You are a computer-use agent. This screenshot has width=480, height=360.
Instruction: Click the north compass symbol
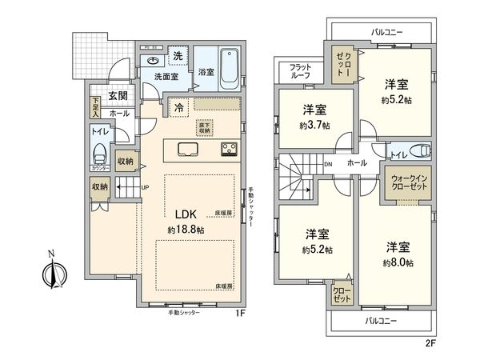49,271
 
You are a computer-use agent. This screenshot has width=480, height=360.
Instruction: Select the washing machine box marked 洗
179,55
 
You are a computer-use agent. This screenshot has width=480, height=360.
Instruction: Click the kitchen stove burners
229,150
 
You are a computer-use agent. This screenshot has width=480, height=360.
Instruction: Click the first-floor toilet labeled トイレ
101,153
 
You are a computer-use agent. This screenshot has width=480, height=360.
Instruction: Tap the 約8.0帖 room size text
397,262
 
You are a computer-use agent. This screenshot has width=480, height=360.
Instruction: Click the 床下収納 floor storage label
204,127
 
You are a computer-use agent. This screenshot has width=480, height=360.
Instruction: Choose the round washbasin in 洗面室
153,61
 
